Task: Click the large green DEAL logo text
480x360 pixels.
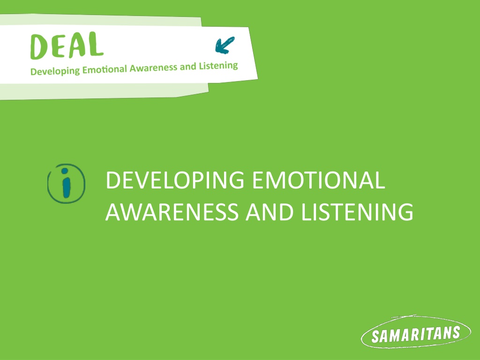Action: click(x=67, y=45)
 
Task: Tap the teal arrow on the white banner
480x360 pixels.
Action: click(x=225, y=45)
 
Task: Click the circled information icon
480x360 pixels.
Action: click(x=66, y=184)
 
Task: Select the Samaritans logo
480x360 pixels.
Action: click(x=416, y=332)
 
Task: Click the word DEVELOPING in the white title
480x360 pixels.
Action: click(x=175, y=180)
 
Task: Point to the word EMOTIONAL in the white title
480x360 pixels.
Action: click(x=318, y=180)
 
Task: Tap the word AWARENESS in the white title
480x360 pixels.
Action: click(x=172, y=211)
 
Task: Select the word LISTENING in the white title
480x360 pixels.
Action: click(x=357, y=211)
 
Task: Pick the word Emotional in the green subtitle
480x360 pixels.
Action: click(x=105, y=69)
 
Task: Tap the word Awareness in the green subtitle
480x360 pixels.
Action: click(x=153, y=67)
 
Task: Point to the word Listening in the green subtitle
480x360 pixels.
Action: click(x=218, y=66)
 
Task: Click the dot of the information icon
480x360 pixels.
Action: click(x=65, y=171)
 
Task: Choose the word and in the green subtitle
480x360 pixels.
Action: click(x=188, y=66)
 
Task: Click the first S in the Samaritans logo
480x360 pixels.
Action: click(x=375, y=337)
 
